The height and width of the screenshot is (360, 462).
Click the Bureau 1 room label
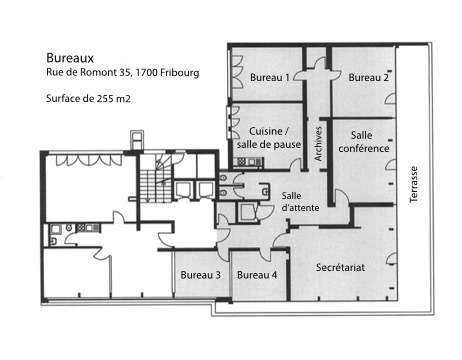click(x=270, y=78)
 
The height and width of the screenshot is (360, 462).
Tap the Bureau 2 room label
click(x=368, y=78)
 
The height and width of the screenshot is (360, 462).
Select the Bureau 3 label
click(x=200, y=275)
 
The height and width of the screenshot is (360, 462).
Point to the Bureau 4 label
click(x=257, y=275)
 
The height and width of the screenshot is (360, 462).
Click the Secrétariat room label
click(x=340, y=267)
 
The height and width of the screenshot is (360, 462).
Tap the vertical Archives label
click(x=318, y=144)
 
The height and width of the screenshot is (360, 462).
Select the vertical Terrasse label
click(x=414, y=184)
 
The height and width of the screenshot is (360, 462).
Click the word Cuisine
click(x=266, y=131)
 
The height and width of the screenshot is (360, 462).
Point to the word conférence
click(x=364, y=148)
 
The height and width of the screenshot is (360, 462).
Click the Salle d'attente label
click(x=300, y=201)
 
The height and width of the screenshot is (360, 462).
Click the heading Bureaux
click(x=70, y=58)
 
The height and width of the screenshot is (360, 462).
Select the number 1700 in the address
click(x=146, y=72)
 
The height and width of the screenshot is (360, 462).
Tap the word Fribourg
click(x=179, y=73)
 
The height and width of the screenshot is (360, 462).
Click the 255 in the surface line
click(x=105, y=99)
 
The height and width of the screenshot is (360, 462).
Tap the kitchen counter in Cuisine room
click(x=249, y=162)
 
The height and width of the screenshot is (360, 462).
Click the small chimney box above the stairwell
click(x=137, y=140)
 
